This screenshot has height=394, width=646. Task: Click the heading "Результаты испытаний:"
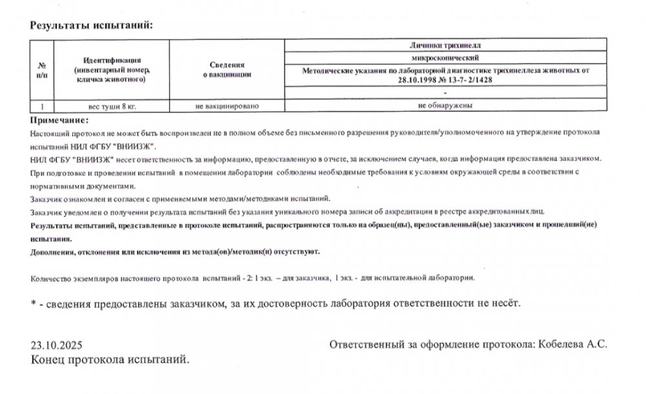click(90, 26)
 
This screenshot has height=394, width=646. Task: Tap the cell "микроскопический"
click(446, 57)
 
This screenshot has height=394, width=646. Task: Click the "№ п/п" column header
click(42, 70)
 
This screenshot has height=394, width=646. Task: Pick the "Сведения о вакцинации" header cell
click(230, 70)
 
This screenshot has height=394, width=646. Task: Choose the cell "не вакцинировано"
click(230, 104)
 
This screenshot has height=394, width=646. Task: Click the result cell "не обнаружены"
click(446, 104)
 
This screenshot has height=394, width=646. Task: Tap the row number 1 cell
click(42, 104)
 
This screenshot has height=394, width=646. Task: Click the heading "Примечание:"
click(59, 120)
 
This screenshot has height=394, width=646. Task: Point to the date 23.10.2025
click(57, 344)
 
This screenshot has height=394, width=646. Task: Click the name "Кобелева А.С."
click(574, 344)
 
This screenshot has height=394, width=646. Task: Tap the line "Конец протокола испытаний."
click(110, 358)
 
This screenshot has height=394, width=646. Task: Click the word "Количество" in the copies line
click(51, 278)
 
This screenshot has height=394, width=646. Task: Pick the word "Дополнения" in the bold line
click(54, 252)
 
